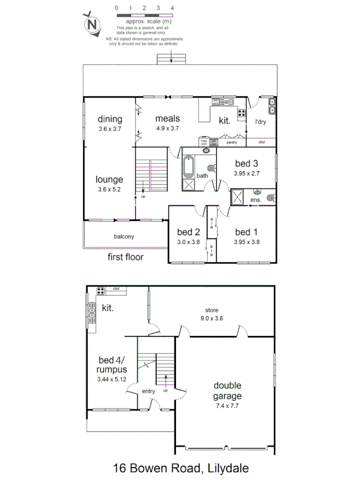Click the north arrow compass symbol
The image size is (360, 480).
pyautogui.click(x=93, y=24)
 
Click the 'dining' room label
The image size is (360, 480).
pyautogui.click(x=110, y=119)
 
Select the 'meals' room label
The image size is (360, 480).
pyautogui.click(x=167, y=118)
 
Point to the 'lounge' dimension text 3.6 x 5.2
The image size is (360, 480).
pyautogui.click(x=110, y=189)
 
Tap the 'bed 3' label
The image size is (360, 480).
pyautogui.click(x=246, y=163)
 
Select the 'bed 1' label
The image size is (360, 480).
pyautogui.click(x=246, y=231)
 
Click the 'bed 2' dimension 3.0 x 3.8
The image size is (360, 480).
pyautogui.click(x=188, y=241)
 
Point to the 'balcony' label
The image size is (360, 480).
pyautogui.click(x=124, y=236)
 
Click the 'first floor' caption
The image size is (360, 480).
pyautogui.click(x=126, y=257)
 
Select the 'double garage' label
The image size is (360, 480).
pyautogui.click(x=228, y=390)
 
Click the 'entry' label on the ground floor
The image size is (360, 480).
pyautogui.click(x=148, y=391)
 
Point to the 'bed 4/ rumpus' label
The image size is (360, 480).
pyautogui.click(x=111, y=364)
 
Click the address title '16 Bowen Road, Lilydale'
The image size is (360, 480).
pyautogui.click(x=181, y=468)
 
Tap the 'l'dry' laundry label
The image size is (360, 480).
pyautogui.click(x=260, y=122)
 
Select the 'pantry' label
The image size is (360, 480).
pyautogui.click(x=231, y=142)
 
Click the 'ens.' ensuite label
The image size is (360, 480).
pyautogui.click(x=256, y=199)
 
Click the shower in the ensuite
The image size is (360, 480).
pyautogui.click(x=238, y=197)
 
